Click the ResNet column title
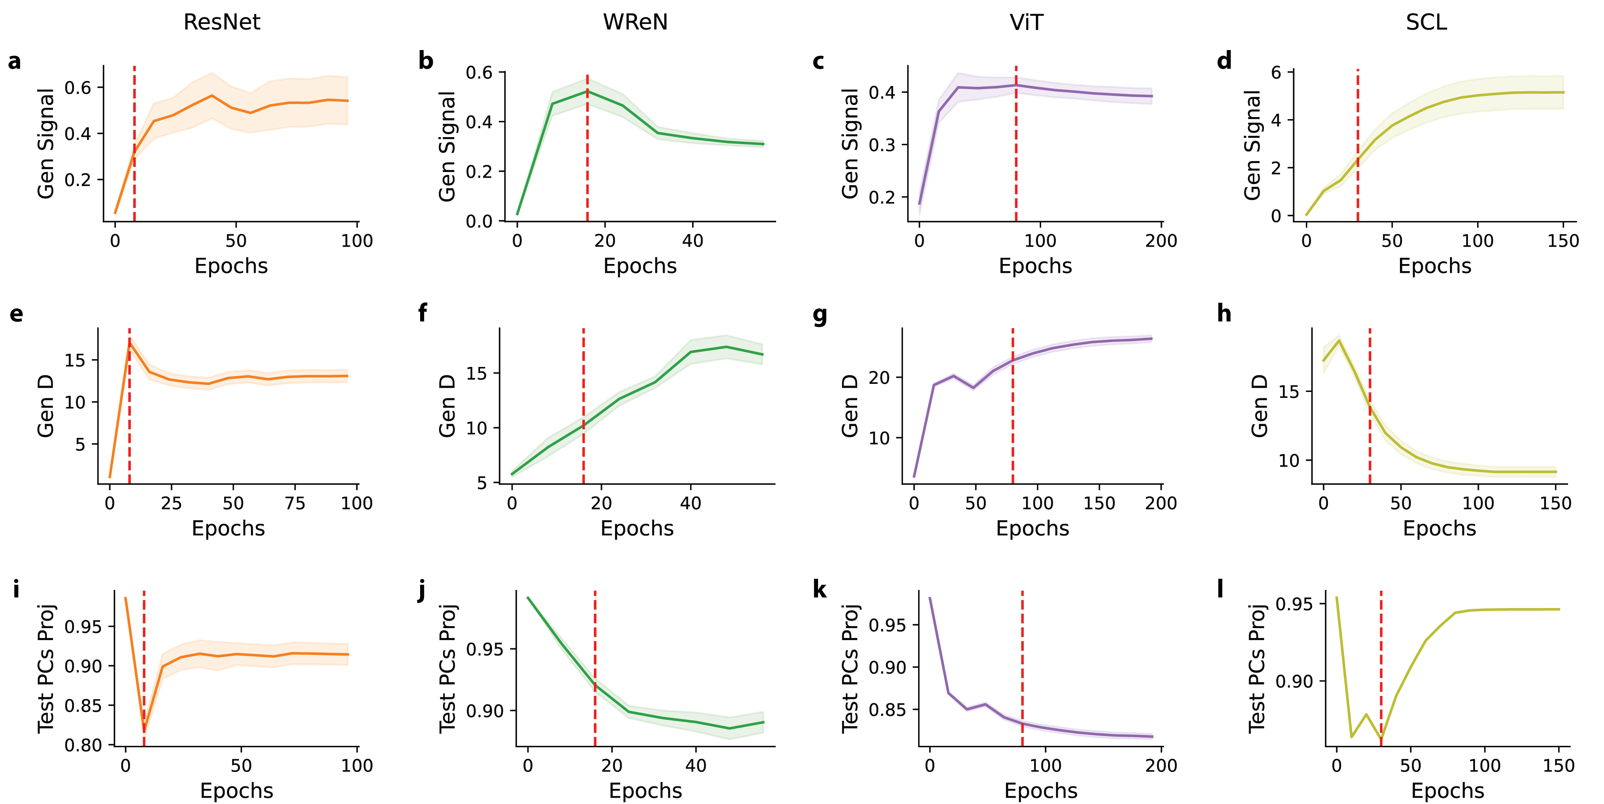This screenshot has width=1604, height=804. [222, 23]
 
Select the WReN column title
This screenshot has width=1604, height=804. [635, 23]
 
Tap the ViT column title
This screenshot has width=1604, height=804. [1026, 23]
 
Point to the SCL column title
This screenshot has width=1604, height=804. [1426, 23]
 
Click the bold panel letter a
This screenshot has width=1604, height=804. [14, 62]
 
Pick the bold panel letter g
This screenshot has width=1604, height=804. [820, 314]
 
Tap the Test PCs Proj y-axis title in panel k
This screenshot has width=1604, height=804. [850, 668]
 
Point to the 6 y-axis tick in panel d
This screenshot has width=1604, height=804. [1277, 73]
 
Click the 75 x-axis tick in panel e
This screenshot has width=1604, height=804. [295, 503]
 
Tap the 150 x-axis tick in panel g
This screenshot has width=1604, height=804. [1099, 503]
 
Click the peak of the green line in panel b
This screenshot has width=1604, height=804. [587, 92]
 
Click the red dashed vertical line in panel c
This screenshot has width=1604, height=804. [1016, 143]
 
